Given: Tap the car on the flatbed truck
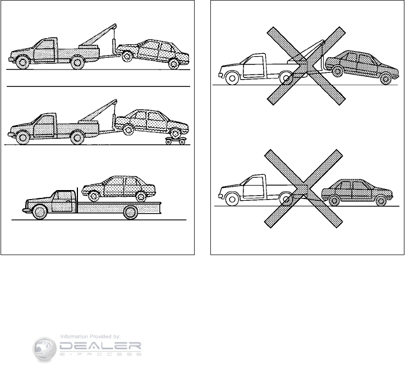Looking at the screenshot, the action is click(x=119, y=187).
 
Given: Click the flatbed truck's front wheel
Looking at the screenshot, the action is click(x=40, y=211).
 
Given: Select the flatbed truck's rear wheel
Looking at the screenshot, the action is click(x=131, y=211).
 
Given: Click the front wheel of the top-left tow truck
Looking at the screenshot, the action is click(x=22, y=63).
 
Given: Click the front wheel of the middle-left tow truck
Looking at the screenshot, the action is click(x=22, y=136).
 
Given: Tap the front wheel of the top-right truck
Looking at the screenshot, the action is click(x=230, y=78).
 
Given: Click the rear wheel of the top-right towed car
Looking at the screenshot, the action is click(x=385, y=78).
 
